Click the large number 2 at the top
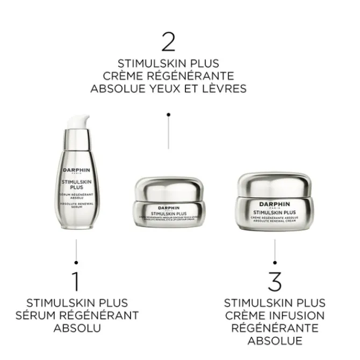point(168,41)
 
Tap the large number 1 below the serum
point(76,282)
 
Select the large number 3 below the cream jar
point(275,282)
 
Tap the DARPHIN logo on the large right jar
point(274,204)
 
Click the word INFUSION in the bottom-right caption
point(298,315)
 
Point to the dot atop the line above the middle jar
point(168,114)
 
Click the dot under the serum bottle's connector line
point(76,262)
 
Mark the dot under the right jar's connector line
point(275,262)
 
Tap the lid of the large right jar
point(273,183)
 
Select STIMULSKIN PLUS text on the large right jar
point(274,212)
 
